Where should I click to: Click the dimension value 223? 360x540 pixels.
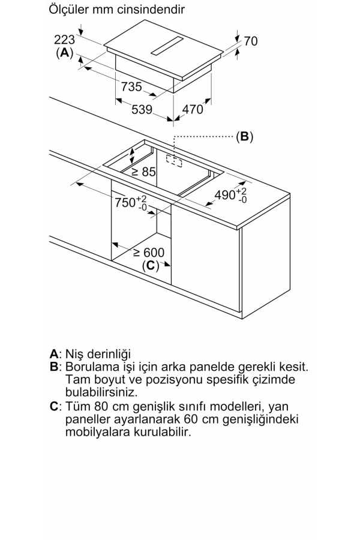point(64,40)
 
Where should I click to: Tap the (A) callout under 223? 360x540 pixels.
point(64,53)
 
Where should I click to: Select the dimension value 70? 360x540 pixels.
point(251,41)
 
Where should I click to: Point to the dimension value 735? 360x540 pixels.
point(131,87)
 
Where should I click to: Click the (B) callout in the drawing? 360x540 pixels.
point(244,137)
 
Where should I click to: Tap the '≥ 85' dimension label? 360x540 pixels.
point(143,172)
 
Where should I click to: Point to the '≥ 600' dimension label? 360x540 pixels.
point(148,253)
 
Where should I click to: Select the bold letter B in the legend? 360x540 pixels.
point(54,367)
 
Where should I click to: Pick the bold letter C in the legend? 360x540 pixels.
point(54,406)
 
